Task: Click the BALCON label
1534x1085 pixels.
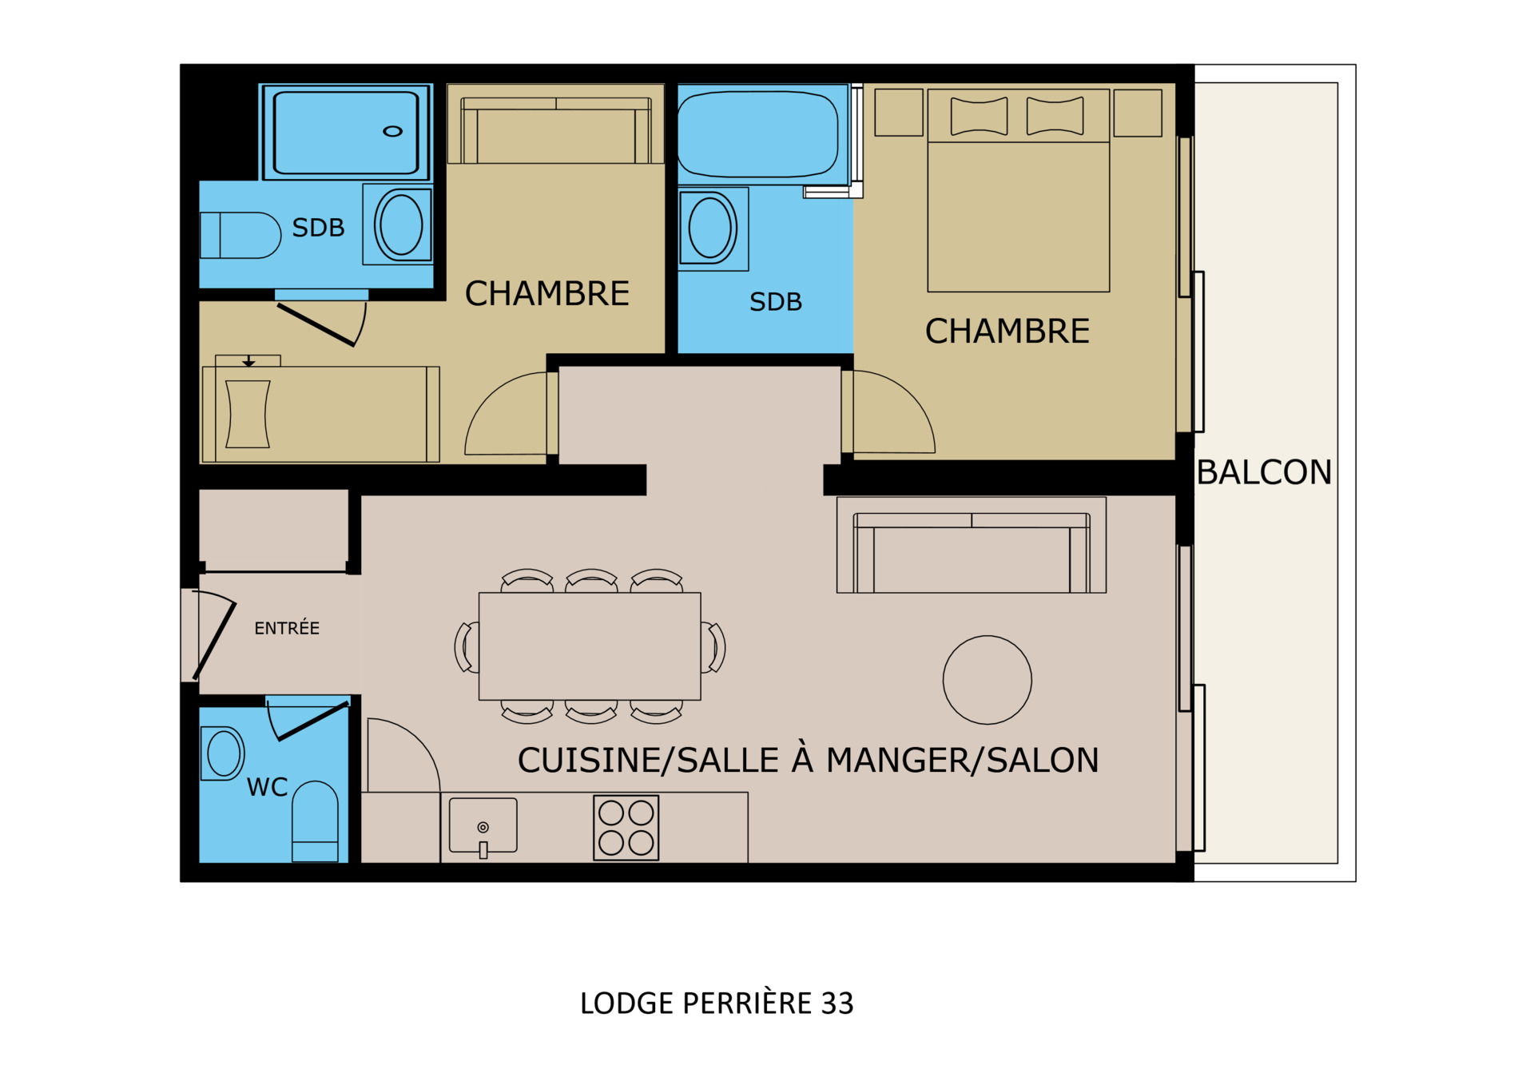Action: (x=1264, y=472)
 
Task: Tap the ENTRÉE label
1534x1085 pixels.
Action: (x=287, y=628)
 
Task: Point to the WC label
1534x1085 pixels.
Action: (x=267, y=787)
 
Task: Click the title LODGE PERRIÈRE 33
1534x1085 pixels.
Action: (x=717, y=1004)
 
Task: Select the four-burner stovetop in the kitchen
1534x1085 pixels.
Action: (x=626, y=828)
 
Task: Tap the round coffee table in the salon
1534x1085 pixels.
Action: (x=988, y=680)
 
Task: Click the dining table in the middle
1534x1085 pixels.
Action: (x=590, y=646)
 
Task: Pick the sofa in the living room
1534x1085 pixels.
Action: (x=972, y=545)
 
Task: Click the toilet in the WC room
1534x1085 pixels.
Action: (x=315, y=821)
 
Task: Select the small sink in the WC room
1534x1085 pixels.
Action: (x=223, y=753)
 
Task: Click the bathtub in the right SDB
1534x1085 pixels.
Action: (x=758, y=134)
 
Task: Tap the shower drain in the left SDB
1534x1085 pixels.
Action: (x=392, y=131)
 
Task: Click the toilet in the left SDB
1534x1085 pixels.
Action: (x=240, y=235)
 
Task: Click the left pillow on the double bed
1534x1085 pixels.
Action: (x=979, y=116)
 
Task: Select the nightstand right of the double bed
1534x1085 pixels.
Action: (x=1138, y=113)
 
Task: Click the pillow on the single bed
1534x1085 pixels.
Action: (x=248, y=414)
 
